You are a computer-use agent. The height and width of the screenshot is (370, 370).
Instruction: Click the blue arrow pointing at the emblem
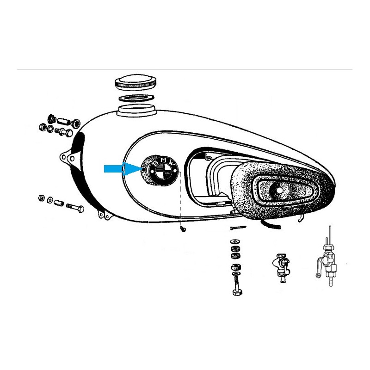(123, 169)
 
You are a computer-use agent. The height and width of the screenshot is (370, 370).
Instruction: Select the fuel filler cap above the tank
(136, 83)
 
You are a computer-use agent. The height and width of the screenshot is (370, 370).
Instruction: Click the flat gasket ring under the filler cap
(136, 98)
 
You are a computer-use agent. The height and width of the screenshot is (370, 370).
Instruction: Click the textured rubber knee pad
(282, 189)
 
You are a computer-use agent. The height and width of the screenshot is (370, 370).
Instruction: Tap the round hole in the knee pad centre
(279, 190)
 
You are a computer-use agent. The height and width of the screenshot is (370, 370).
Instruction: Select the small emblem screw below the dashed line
(182, 228)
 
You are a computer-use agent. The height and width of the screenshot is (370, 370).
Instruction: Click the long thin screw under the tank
(238, 228)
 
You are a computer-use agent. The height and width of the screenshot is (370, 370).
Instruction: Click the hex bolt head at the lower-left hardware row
(80, 209)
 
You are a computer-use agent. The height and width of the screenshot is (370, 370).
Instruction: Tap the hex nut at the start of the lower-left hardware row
(42, 198)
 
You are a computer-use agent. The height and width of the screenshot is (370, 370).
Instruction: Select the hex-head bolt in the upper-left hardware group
(64, 132)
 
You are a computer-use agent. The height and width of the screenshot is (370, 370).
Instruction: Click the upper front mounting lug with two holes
(67, 157)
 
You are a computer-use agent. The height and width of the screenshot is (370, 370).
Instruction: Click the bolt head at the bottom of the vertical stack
(237, 293)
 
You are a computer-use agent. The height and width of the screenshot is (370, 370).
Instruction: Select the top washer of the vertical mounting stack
(235, 241)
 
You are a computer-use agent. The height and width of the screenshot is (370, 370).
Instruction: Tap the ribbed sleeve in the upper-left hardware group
(64, 122)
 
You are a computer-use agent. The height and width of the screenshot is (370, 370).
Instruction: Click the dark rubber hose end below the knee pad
(271, 225)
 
